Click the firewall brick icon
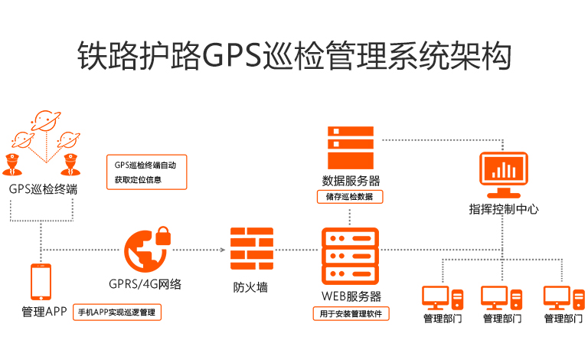pos(251,248)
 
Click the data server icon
pos(351,148)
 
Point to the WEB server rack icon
pos(351,257)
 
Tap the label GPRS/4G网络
pos(145,284)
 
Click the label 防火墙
pos(251,288)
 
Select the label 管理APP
pos(45,312)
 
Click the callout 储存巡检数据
pos(350,197)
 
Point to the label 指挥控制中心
pos(503,208)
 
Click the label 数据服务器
pos(351,181)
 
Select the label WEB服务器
pos(351,296)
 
